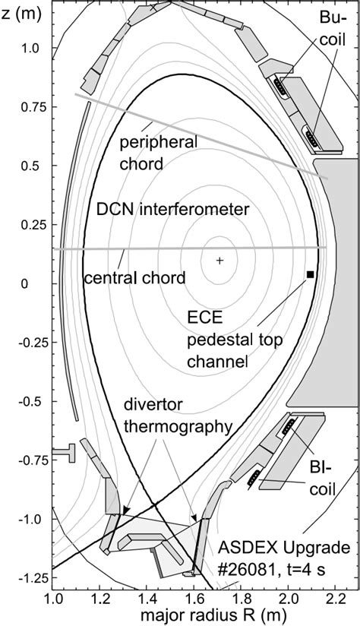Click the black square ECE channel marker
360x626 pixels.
[x=310, y=274]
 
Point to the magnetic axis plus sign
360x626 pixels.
[x=219, y=261]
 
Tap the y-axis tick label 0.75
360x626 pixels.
[x=34, y=107]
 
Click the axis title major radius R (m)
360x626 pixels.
[x=206, y=615]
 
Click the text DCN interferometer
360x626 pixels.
[x=172, y=209]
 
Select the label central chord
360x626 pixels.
[x=134, y=277]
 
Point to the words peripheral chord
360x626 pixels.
[x=159, y=152]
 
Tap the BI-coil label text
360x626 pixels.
[x=323, y=478]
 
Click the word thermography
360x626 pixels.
[x=178, y=426]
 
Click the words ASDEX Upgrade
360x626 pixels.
[x=284, y=547]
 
